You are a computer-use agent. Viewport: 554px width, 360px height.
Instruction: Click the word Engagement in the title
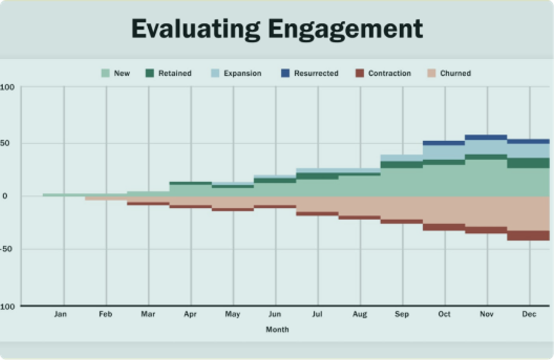[x=345, y=30]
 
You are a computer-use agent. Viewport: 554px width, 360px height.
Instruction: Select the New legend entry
[x=116, y=73]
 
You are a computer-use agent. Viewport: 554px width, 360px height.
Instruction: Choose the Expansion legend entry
[x=236, y=73]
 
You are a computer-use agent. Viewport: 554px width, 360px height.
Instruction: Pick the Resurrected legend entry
[x=310, y=73]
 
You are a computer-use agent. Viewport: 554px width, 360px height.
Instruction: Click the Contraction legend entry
[x=383, y=73]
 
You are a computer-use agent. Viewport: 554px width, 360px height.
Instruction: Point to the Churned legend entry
[x=449, y=73]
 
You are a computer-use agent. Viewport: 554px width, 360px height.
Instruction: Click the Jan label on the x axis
[x=60, y=314]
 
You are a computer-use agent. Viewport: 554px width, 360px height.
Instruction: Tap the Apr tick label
[x=190, y=314]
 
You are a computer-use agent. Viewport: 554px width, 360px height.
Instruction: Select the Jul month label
[x=317, y=314]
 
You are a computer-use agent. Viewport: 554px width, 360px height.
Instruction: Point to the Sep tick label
[x=402, y=314]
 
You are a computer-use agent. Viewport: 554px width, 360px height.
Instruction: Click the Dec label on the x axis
[x=529, y=314]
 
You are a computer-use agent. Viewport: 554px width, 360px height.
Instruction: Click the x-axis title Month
[x=277, y=330]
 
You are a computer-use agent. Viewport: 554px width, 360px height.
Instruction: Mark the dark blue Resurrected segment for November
[x=486, y=137]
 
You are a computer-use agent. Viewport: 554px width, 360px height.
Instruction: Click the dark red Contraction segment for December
[x=528, y=235]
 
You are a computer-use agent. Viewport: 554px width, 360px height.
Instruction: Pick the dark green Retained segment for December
[x=528, y=163]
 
